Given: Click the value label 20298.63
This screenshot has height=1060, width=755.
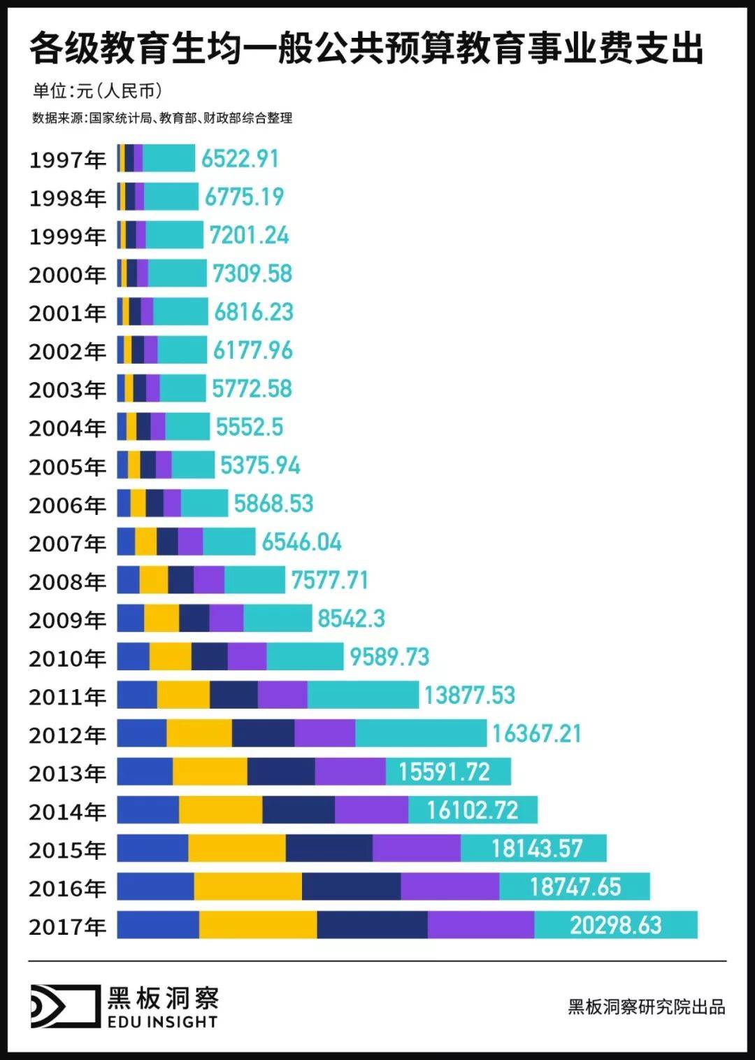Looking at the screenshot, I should tap(615, 925).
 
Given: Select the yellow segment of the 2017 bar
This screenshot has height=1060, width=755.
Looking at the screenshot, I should tap(257, 925).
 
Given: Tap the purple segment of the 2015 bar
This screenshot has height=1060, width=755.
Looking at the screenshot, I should tap(416, 848).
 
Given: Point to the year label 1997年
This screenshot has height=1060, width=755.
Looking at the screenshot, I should tap(67, 160).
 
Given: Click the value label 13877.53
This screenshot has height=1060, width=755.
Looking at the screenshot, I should tap(469, 695).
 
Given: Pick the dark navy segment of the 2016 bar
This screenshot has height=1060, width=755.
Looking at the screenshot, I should tap(351, 886).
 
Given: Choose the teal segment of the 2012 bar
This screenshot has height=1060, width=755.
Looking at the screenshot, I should tap(420, 733).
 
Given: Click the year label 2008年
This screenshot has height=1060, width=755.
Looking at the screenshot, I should tap(67, 582).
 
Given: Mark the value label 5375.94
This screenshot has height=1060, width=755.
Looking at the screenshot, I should tap(260, 465).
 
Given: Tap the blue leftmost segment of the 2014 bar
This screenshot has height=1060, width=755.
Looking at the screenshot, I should tap(148, 810).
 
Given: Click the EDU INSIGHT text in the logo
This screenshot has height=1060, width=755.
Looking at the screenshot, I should tap(162, 1022).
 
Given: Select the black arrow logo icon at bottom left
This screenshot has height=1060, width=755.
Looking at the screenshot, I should tap(65, 1006).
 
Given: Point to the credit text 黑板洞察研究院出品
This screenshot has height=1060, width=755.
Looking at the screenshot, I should tap(646, 1007).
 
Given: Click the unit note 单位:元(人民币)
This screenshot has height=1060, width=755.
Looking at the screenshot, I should tap(98, 91).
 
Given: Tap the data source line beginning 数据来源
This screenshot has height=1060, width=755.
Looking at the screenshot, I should tap(161, 118).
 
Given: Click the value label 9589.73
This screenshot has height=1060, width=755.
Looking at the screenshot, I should tap(389, 657).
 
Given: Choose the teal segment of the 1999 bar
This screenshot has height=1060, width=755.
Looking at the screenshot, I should tap(174, 235).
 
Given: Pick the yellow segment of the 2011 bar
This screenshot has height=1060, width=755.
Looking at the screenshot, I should tap(183, 695).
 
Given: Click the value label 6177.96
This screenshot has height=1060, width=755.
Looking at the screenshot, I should tap(252, 351).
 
